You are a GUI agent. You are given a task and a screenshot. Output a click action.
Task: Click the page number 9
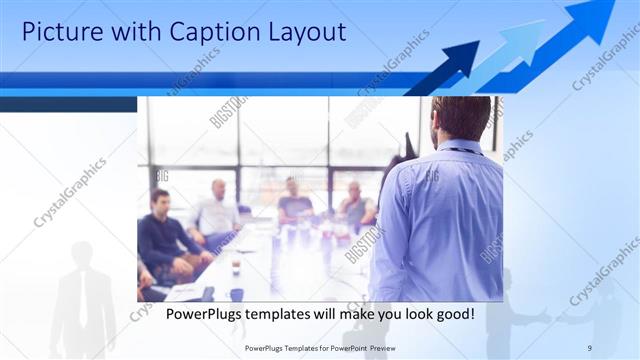pos(589,347)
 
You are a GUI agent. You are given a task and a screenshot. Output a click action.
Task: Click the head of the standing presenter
pos(461,118)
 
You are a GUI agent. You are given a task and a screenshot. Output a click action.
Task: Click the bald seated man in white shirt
pos(217,210)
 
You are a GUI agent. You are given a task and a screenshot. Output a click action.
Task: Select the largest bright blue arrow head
pos(595,15)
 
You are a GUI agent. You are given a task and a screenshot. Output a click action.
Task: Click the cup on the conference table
pos(236,267)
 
